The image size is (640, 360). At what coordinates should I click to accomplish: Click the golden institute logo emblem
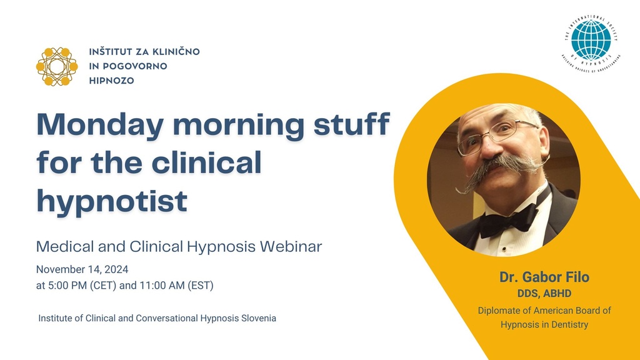pyautogui.click(x=57, y=66)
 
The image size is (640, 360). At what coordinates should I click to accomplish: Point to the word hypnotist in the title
pyautogui.click(x=112, y=201)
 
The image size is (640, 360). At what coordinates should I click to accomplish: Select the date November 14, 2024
pyautogui.click(x=82, y=270)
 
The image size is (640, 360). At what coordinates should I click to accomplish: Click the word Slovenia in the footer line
pyautogui.click(x=254, y=318)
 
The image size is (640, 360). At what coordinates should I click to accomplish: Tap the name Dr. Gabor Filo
pyautogui.click(x=544, y=277)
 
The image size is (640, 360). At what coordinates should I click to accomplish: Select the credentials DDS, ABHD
pyautogui.click(x=544, y=294)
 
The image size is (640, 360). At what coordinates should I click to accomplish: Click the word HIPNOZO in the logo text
pyautogui.click(x=112, y=81)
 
